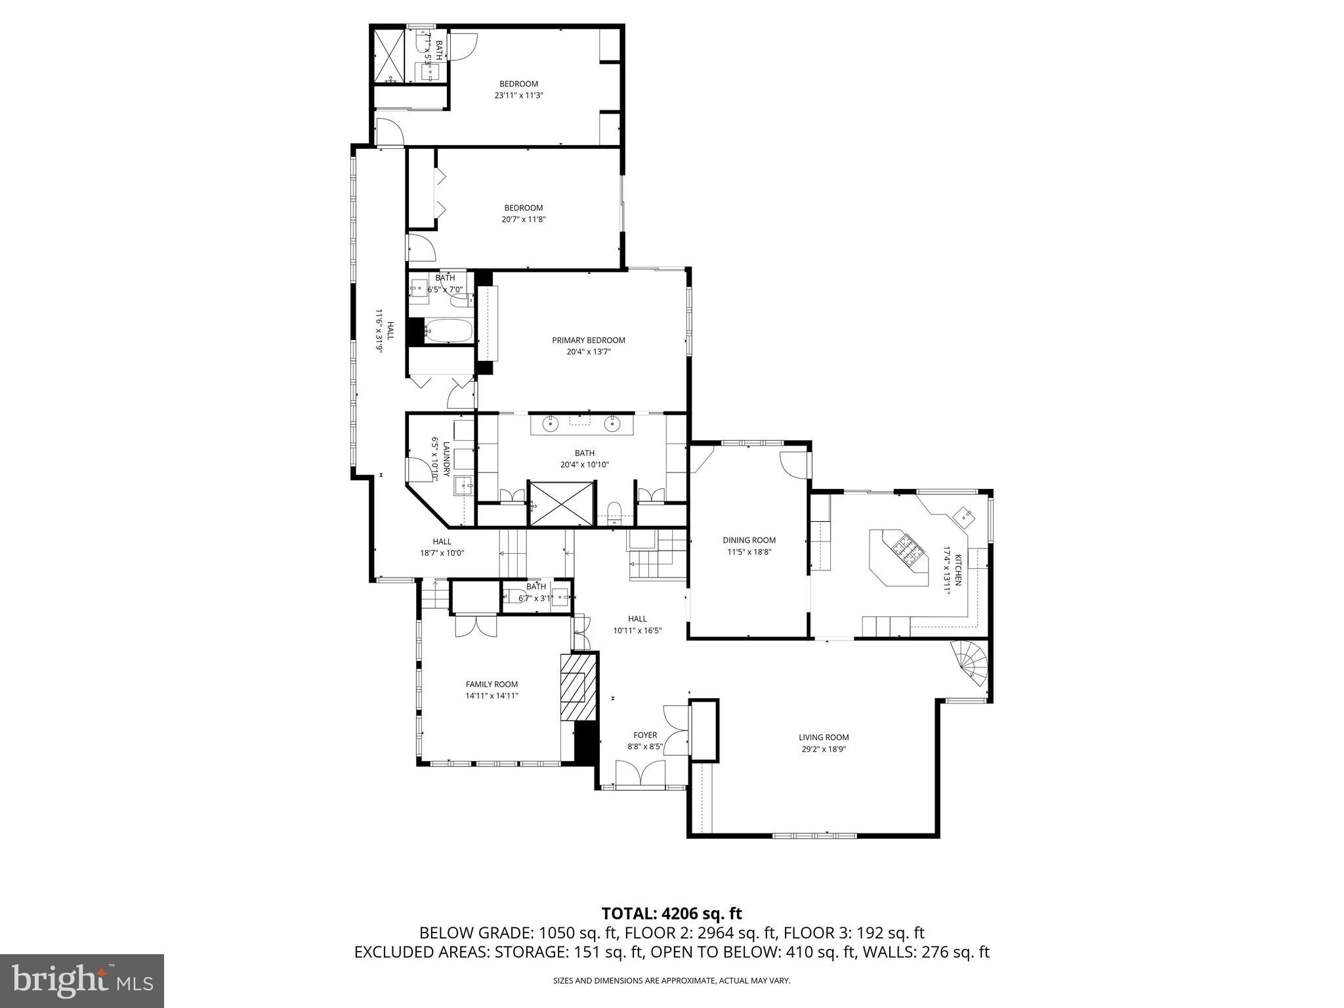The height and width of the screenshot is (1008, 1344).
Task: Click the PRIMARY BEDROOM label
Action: [588, 340]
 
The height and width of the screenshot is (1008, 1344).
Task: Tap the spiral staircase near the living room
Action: [971, 663]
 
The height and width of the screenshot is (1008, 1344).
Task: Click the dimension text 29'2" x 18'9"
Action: [824, 749]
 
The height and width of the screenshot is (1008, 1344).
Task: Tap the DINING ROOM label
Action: [749, 540]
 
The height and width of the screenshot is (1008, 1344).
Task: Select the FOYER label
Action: [645, 735]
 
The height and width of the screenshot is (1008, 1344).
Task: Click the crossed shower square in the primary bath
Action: [562, 503]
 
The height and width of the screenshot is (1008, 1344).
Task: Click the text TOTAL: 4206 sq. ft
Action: [671, 913]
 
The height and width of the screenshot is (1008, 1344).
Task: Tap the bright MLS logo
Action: [82, 980]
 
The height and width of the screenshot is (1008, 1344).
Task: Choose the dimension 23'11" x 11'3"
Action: [518, 95]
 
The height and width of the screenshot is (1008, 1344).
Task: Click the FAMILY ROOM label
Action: [492, 684]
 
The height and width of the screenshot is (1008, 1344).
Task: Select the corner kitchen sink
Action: [964, 514]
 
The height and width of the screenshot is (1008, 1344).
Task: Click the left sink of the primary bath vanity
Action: [550, 425]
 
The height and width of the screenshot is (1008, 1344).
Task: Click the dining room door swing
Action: [793, 464]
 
